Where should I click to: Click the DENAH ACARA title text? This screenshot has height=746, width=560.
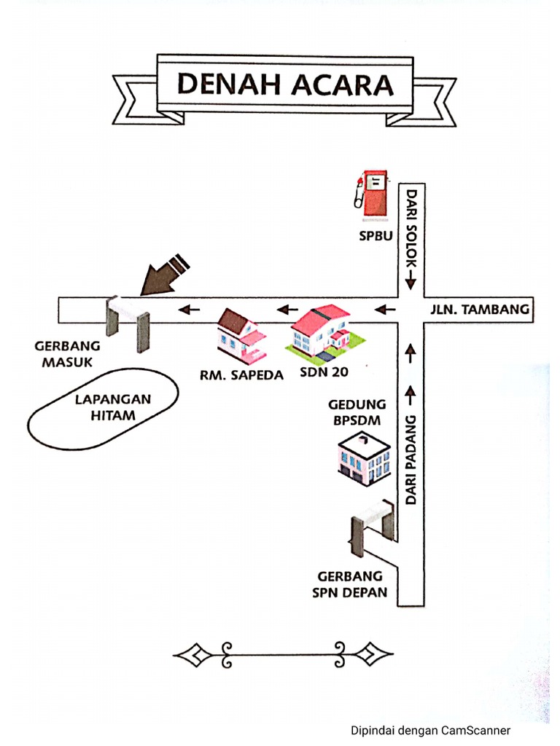tap(285, 85)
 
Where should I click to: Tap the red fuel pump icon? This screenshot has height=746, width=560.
tap(373, 195)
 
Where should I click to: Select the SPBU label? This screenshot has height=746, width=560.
tap(375, 235)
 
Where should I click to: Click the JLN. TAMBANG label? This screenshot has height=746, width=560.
tap(490, 310)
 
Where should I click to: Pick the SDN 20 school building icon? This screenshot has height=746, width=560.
tap(321, 331)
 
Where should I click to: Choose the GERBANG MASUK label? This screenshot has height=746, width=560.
tap(68, 355)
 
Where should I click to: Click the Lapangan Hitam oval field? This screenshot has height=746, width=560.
tap(102, 409)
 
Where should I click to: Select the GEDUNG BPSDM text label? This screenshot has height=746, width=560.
tap(357, 412)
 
